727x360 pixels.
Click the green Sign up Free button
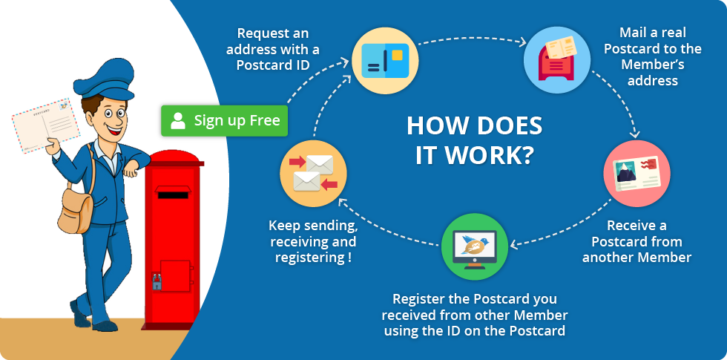[224, 121]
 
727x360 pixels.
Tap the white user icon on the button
[177, 120]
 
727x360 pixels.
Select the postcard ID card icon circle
[385, 60]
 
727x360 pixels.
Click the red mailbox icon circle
[557, 60]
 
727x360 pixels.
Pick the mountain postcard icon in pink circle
[636, 174]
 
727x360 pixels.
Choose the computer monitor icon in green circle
[474, 246]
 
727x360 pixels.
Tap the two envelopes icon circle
[313, 174]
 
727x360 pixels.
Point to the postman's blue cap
[105, 80]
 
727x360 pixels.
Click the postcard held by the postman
[45, 125]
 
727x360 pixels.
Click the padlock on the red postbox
[157, 282]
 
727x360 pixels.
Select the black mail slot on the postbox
[173, 194]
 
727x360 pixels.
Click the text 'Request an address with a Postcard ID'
[273, 49]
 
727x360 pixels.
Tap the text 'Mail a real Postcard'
[653, 40]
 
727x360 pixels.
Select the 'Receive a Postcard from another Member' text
[636, 241]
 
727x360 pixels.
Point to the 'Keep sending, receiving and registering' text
[313, 241]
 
